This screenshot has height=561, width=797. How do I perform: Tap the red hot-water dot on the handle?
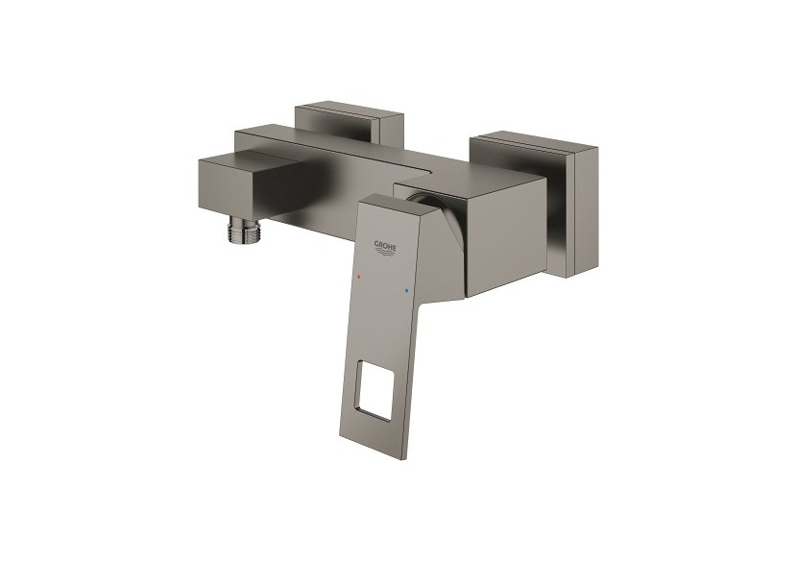click(x=358, y=277)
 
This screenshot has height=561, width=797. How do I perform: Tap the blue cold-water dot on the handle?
click(x=408, y=289)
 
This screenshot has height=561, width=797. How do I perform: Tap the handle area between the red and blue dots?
click(x=383, y=283)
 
